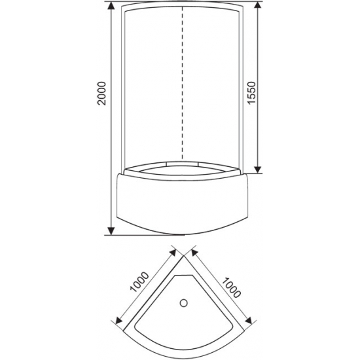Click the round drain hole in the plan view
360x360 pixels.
[185, 303]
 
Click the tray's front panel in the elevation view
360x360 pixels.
[184, 203]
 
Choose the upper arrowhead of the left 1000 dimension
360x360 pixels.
[171, 251]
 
